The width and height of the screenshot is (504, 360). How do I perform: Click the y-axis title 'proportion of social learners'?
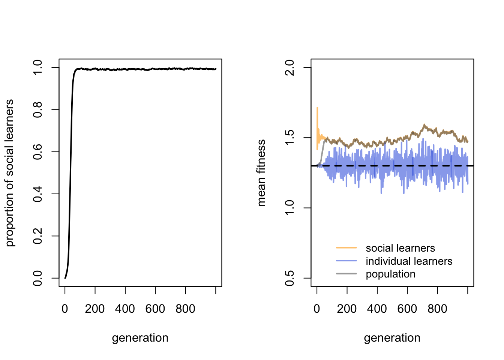(10, 173)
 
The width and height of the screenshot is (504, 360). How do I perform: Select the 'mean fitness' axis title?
(261, 173)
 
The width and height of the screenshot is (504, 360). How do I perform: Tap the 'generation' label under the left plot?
(140, 338)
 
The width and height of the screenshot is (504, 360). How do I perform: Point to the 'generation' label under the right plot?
(392, 338)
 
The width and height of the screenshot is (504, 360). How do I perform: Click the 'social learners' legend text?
(400, 248)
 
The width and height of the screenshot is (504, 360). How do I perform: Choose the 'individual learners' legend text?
(409, 261)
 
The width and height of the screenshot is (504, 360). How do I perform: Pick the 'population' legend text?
(390, 274)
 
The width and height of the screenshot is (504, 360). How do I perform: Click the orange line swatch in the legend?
(346, 248)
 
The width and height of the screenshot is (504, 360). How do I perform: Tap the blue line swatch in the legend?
(346, 261)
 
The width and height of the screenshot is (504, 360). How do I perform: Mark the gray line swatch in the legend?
(346, 274)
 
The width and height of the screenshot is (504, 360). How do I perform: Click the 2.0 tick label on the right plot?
(289, 67)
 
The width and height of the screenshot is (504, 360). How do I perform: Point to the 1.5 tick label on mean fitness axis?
(289, 138)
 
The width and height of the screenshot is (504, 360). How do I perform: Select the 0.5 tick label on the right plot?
(289, 278)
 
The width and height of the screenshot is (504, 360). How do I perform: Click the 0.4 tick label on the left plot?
(37, 194)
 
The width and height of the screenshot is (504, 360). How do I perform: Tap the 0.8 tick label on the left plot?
(37, 109)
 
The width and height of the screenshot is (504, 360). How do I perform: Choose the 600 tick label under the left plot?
(155, 309)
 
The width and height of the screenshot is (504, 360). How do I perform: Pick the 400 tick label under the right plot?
(377, 309)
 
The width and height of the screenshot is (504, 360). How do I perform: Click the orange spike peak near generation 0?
(317, 108)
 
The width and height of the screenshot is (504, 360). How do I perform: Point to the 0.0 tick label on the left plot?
(37, 278)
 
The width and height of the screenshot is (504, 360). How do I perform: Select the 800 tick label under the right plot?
(437, 309)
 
